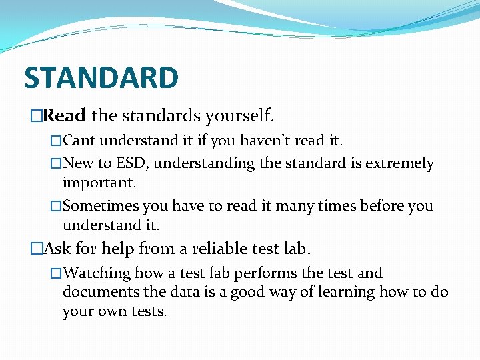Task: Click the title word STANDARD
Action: click(x=101, y=77)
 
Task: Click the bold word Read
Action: click(x=65, y=116)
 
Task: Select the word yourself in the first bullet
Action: click(x=239, y=117)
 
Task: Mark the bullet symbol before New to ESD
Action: click(x=57, y=164)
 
